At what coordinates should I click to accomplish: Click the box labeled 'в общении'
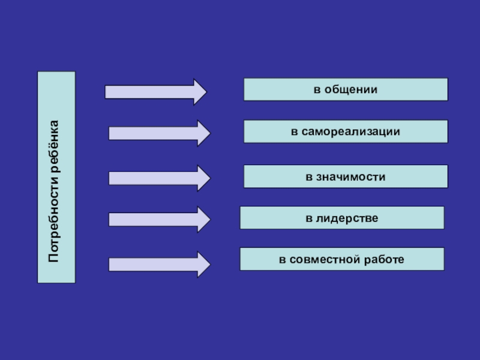pos(345,89)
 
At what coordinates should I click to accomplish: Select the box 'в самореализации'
pos(345,131)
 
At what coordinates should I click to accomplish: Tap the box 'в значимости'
pos(345,176)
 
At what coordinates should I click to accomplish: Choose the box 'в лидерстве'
pos(342,218)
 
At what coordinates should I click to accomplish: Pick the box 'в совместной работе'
pos(342,259)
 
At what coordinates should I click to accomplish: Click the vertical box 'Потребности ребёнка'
pos(56,177)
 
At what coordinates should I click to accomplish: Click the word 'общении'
pos(351,89)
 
